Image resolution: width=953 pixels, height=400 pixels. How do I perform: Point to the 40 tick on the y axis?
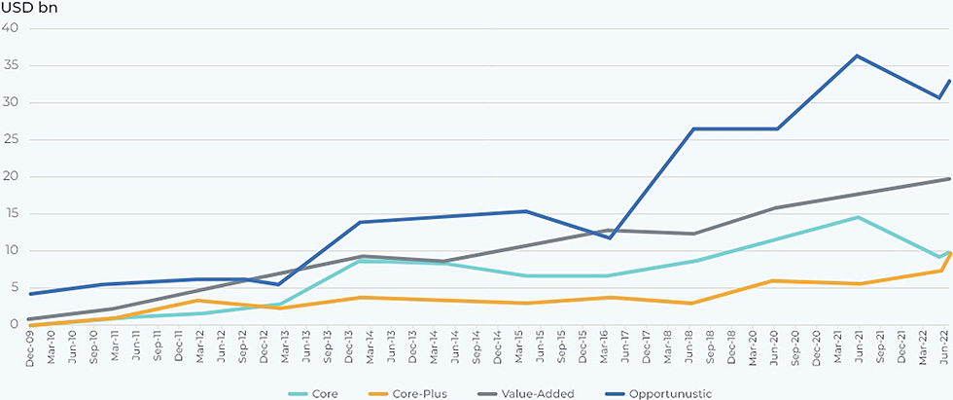12,28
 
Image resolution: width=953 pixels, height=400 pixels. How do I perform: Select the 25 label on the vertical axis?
12,139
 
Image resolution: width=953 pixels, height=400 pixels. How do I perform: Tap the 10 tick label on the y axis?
12,250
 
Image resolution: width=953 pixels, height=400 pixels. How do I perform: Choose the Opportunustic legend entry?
670,393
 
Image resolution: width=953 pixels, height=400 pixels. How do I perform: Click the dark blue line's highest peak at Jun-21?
857,55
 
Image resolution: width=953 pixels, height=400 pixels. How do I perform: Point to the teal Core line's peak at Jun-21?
857,217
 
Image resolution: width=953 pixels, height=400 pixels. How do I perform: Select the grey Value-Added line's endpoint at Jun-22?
948,179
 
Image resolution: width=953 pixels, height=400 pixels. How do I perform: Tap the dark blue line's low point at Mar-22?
939,97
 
